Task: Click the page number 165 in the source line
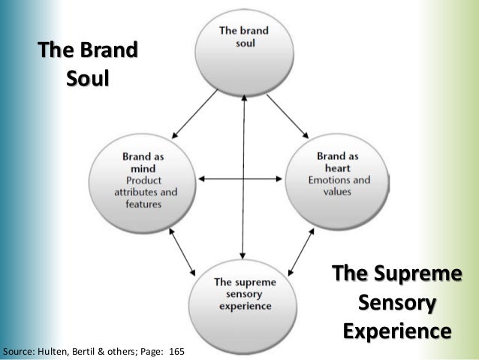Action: coord(179,352)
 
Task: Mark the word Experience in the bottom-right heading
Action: coord(397,331)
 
